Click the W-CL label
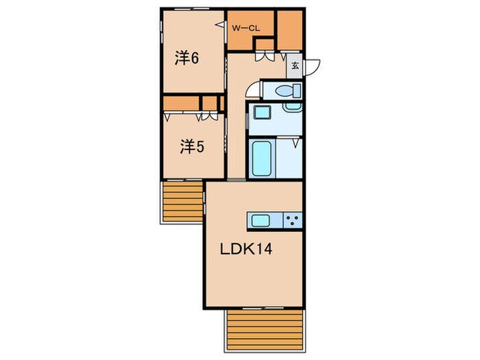pyautogui.click(x=245, y=29)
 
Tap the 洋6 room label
pyautogui.click(x=187, y=58)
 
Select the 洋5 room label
pyautogui.click(x=192, y=147)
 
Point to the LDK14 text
pyautogui.click(x=246, y=250)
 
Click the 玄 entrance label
pyautogui.click(x=295, y=66)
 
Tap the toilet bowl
pyautogui.click(x=288, y=91)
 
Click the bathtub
pyautogui.click(x=262, y=158)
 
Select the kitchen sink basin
pyautogui.click(x=261, y=220)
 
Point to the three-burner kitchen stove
pyautogui.click(x=292, y=220)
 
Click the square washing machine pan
pyautogui.click(x=263, y=112)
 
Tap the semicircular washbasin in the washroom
pyautogui.click(x=293, y=107)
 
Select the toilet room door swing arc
pyautogui.click(x=252, y=91)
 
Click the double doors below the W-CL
pyautogui.click(x=265, y=57)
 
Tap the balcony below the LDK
pyautogui.click(x=265, y=330)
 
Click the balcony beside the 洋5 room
pyautogui.click(x=183, y=202)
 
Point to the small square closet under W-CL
pyautogui.click(x=265, y=44)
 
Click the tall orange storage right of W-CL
pyautogui.click(x=289, y=30)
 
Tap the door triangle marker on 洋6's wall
pyautogui.click(x=220, y=25)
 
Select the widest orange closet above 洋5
pyautogui.click(x=181, y=104)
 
